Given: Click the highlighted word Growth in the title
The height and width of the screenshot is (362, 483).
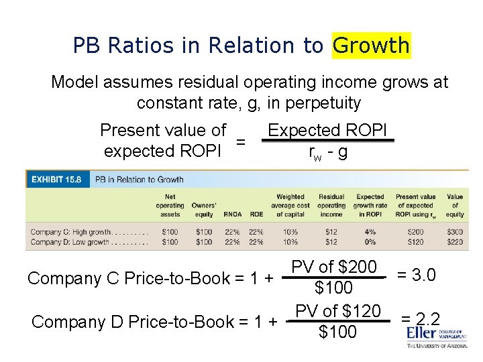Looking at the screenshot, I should tap(371, 46).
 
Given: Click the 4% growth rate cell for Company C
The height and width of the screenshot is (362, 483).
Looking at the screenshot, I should tap(370, 231).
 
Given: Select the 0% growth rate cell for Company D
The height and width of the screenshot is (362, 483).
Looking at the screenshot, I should tap(370, 241).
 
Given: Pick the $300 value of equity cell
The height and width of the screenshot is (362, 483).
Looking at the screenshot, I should tap(454, 231).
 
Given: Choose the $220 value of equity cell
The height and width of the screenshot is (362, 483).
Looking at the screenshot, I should tap(454, 241).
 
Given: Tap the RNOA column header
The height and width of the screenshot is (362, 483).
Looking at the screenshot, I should tap(233, 215).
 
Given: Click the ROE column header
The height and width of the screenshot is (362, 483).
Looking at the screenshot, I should tap(256, 215).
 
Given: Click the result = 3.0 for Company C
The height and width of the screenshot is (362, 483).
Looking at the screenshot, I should tap(416, 275).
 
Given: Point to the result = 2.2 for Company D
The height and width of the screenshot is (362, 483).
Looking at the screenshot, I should tap(420, 319).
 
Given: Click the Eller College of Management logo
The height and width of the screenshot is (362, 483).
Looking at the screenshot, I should tap(437, 335).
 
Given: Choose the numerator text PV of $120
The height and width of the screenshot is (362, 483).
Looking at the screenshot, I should tap(337, 311).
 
